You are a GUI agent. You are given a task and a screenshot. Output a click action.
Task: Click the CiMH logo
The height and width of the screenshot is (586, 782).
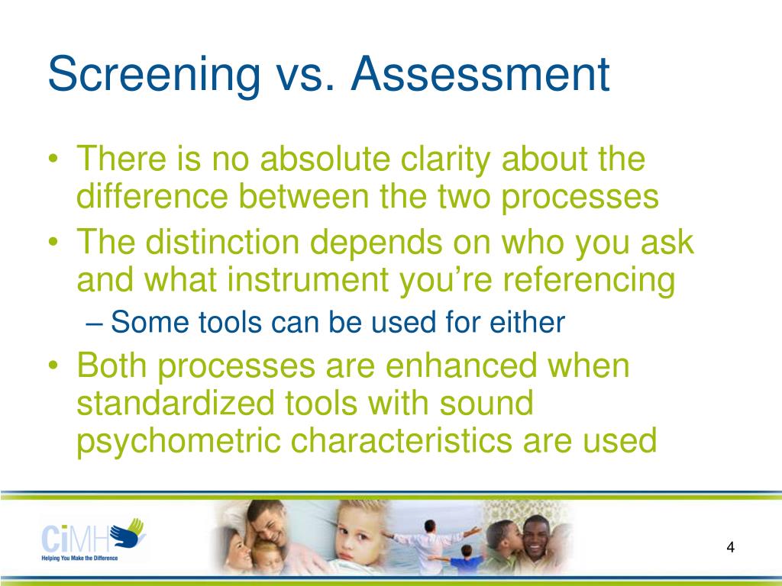[x=92, y=535]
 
